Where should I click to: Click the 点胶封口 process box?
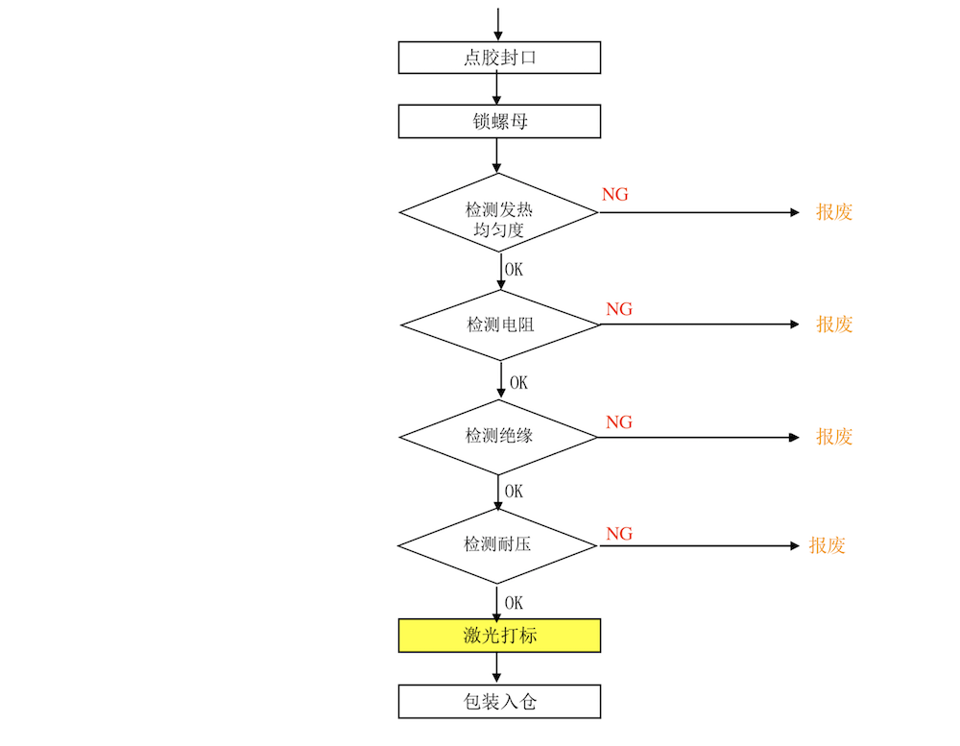pos(499,58)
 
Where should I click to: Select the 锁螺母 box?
pos(499,121)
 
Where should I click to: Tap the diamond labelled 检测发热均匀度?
pos(498,212)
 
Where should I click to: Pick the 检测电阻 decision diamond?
pos(499,325)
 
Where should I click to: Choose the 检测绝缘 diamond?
pos(498,437)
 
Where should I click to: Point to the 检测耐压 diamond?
pos(497,545)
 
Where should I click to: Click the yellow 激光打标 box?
pos(499,636)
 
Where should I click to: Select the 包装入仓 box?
pos(499,701)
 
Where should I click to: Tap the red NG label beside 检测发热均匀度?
pos(614,195)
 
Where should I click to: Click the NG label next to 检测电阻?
pos(619,309)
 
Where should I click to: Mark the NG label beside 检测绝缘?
pos(619,422)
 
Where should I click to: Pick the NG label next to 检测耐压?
pos(619,534)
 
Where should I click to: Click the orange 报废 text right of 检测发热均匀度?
pos(834,212)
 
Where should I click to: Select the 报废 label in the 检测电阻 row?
pos(834,324)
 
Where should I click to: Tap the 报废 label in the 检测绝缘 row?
pos(834,437)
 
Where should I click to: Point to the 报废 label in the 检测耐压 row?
pos(827,545)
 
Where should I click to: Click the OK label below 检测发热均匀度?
pos(514,270)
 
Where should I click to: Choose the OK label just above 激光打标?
pos(514,603)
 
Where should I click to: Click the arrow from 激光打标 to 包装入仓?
pos(496,668)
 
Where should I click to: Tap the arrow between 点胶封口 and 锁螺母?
pos(496,88)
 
